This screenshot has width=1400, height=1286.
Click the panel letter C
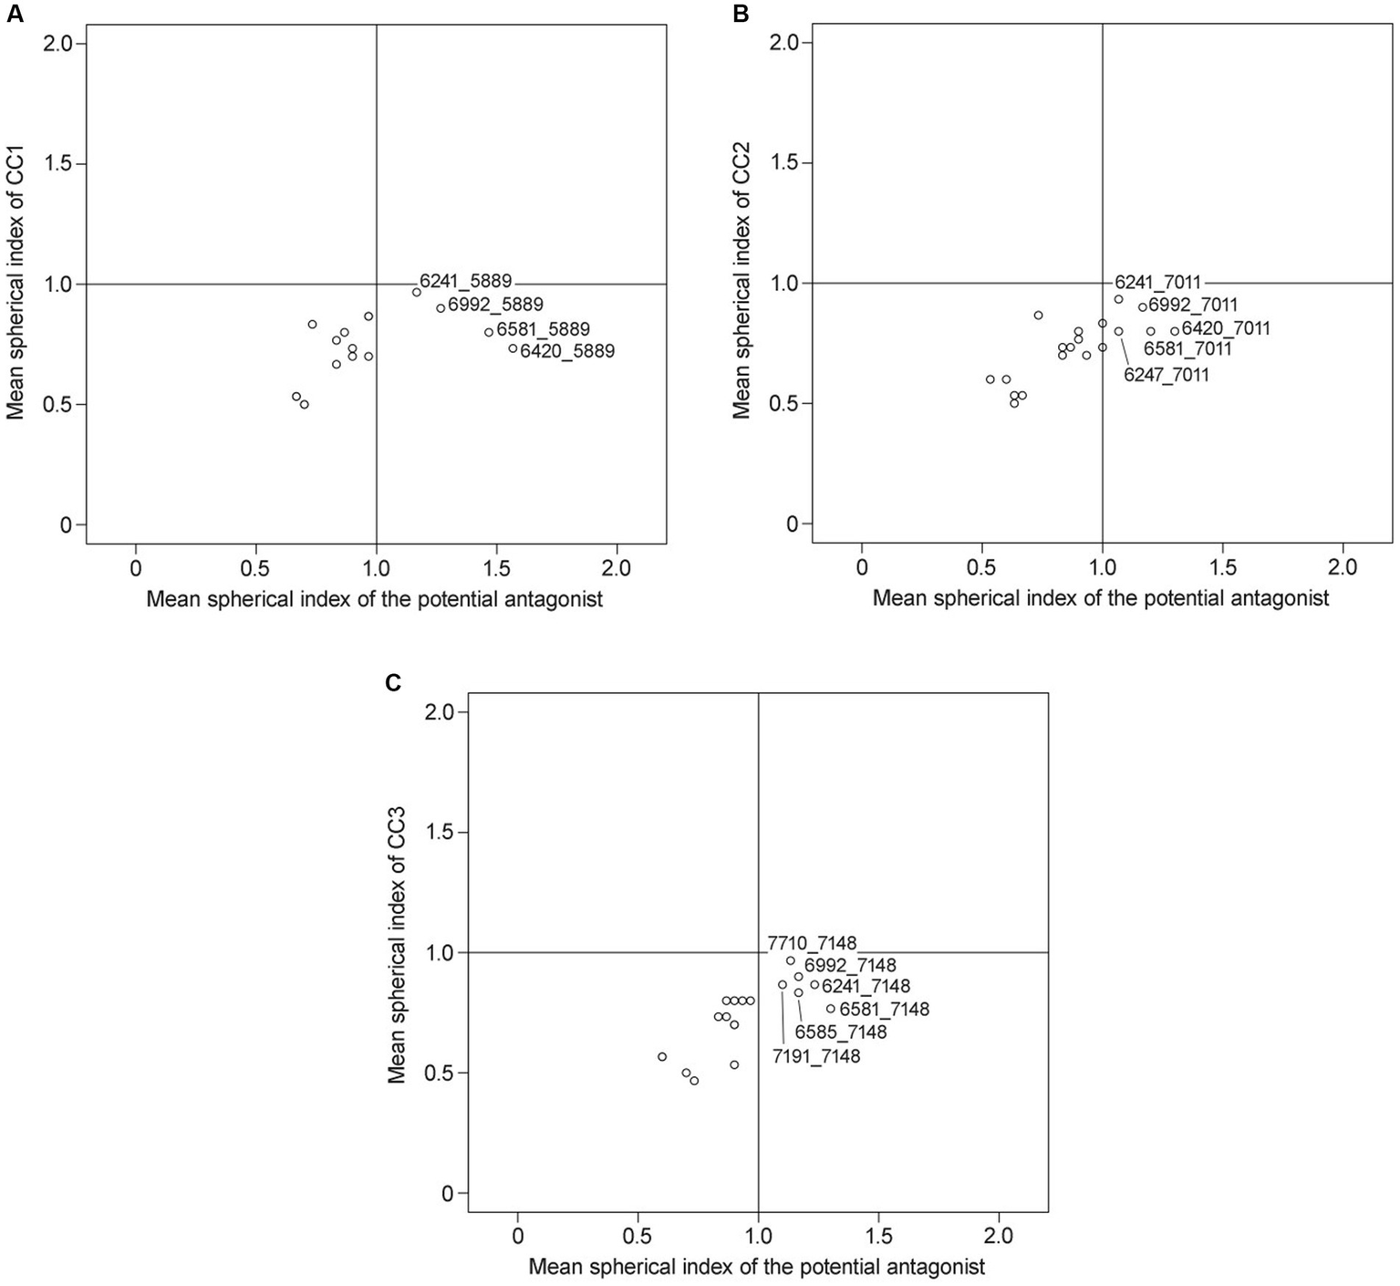point(394,682)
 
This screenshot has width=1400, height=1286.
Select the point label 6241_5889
point(465,281)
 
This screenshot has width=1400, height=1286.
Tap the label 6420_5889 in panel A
point(567,351)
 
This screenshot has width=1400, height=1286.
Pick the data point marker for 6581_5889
point(489,332)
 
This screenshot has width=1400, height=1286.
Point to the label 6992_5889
point(495,305)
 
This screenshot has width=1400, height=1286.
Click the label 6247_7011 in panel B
point(1167,375)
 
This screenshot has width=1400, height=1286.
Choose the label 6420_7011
point(1226,328)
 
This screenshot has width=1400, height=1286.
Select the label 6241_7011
point(1157,282)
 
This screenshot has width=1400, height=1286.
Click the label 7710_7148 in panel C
point(812,943)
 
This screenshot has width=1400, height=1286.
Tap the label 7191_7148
point(816,1057)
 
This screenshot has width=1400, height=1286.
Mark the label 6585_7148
point(841,1032)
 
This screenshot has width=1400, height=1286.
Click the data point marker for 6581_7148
point(830,1009)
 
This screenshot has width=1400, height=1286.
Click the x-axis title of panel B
point(1101,598)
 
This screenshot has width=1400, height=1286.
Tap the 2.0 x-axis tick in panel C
point(999,1238)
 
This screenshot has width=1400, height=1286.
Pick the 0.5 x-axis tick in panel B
point(981,568)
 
